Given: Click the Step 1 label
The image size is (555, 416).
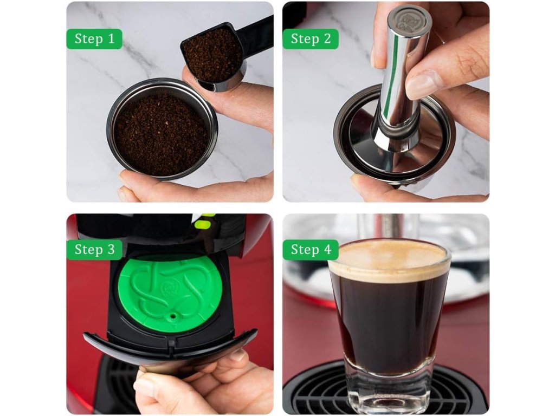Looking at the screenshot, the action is [x=94, y=38].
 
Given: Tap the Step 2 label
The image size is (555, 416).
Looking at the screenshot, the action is [x=311, y=38].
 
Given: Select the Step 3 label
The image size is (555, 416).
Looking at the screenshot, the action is [x=94, y=250].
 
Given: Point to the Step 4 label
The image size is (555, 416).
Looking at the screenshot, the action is [x=311, y=250].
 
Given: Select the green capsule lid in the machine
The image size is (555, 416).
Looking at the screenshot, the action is [x=170, y=293].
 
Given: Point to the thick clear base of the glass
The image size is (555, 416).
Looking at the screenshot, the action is [x=389, y=385].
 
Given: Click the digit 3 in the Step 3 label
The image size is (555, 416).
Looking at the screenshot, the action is [x=111, y=250].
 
